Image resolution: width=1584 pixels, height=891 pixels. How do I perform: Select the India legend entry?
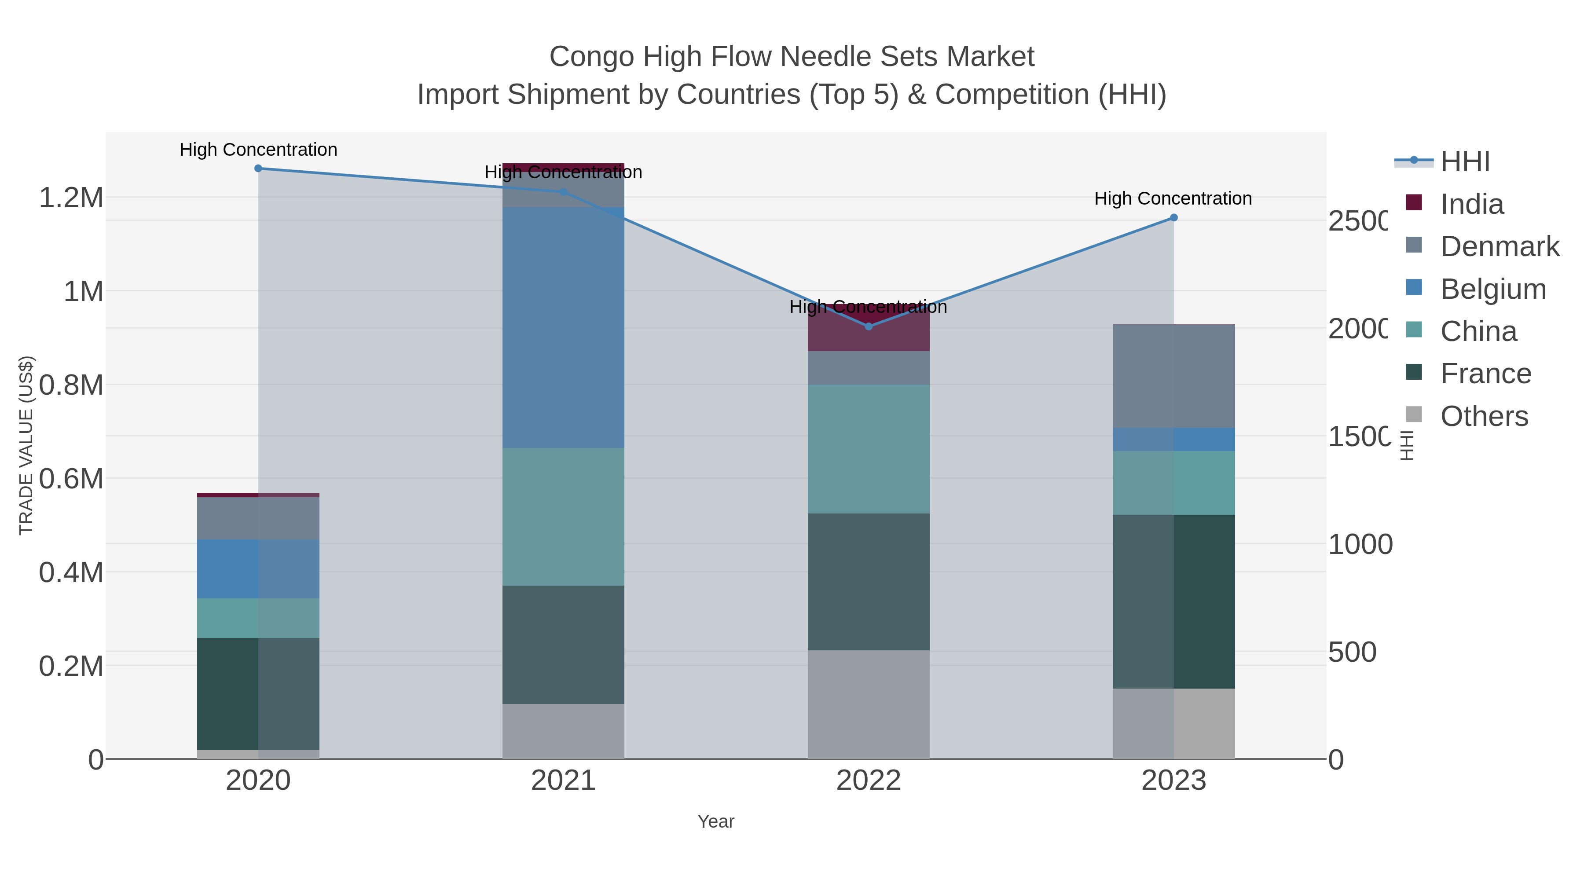[1471, 204]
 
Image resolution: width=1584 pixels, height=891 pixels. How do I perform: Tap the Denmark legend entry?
[1499, 246]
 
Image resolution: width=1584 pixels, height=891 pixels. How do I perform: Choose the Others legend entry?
[1484, 416]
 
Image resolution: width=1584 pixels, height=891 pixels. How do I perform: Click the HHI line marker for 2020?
[258, 169]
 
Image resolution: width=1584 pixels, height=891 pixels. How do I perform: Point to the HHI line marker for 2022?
[868, 326]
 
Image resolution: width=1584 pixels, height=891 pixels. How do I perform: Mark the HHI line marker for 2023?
[1173, 218]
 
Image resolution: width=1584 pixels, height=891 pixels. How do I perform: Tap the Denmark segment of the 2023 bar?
[1173, 376]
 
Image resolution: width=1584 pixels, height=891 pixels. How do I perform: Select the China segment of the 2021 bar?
[563, 517]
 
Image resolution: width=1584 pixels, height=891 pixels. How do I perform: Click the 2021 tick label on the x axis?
[563, 781]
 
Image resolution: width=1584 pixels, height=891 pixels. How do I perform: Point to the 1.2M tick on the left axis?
[71, 198]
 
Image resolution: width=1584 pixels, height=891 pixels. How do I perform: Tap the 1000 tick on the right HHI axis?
[1360, 545]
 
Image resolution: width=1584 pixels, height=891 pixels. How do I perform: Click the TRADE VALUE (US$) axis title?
[26, 445]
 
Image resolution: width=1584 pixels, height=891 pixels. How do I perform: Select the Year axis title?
[716, 821]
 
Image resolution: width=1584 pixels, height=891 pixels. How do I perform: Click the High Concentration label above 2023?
[1173, 198]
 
